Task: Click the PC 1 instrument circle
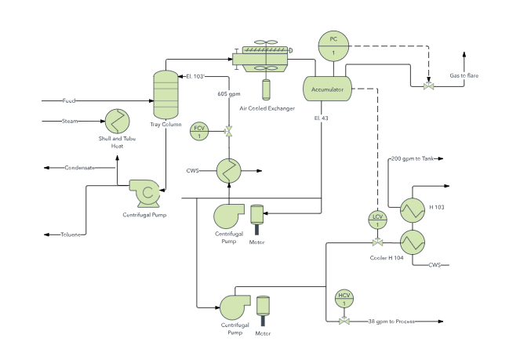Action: pos(333,45)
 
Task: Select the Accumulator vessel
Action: pos(328,89)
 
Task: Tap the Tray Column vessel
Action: pos(165,94)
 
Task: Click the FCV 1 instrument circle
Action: pos(199,132)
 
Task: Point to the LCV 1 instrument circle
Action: pos(377,220)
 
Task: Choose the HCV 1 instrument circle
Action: pos(344,298)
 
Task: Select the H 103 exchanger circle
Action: pos(413,208)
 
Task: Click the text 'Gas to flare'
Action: pos(464,75)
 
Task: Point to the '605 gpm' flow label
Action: pos(229,93)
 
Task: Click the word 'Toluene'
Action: pos(72,235)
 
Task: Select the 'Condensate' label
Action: pos(80,168)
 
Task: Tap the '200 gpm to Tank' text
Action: pos(412,158)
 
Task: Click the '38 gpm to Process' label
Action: pos(391,322)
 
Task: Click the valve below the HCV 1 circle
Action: pos(344,322)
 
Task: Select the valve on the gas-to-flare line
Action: pos(428,85)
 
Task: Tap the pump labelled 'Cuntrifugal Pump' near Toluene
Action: pos(144,191)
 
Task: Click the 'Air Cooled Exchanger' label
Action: pos(266,108)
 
